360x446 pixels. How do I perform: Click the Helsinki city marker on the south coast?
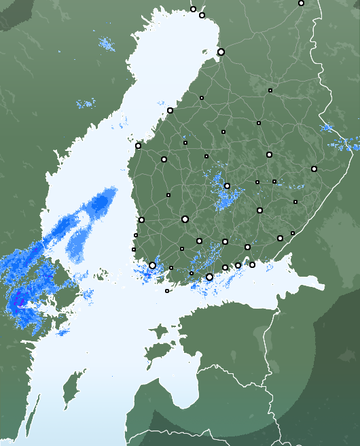coord(209,277)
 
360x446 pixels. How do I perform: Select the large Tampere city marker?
coord(185,219)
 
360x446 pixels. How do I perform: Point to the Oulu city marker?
coord(221,52)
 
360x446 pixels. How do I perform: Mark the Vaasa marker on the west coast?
coord(138,145)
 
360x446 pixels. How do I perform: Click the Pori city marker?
coord(141,220)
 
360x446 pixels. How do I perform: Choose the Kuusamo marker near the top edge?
coord(301,3)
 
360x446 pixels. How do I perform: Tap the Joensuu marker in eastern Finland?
coord(314,169)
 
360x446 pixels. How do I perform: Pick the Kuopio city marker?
coord(269,155)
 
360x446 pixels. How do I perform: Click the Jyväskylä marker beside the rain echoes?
coord(227,186)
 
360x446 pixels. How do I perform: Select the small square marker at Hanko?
coord(167,291)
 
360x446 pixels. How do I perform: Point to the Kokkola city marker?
coord(170,110)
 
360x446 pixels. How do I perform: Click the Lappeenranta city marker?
coord(280,238)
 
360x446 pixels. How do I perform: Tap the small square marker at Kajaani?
coord(270,90)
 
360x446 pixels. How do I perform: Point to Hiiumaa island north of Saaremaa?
coord(158,332)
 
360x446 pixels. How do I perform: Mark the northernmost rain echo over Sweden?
coord(107,45)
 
